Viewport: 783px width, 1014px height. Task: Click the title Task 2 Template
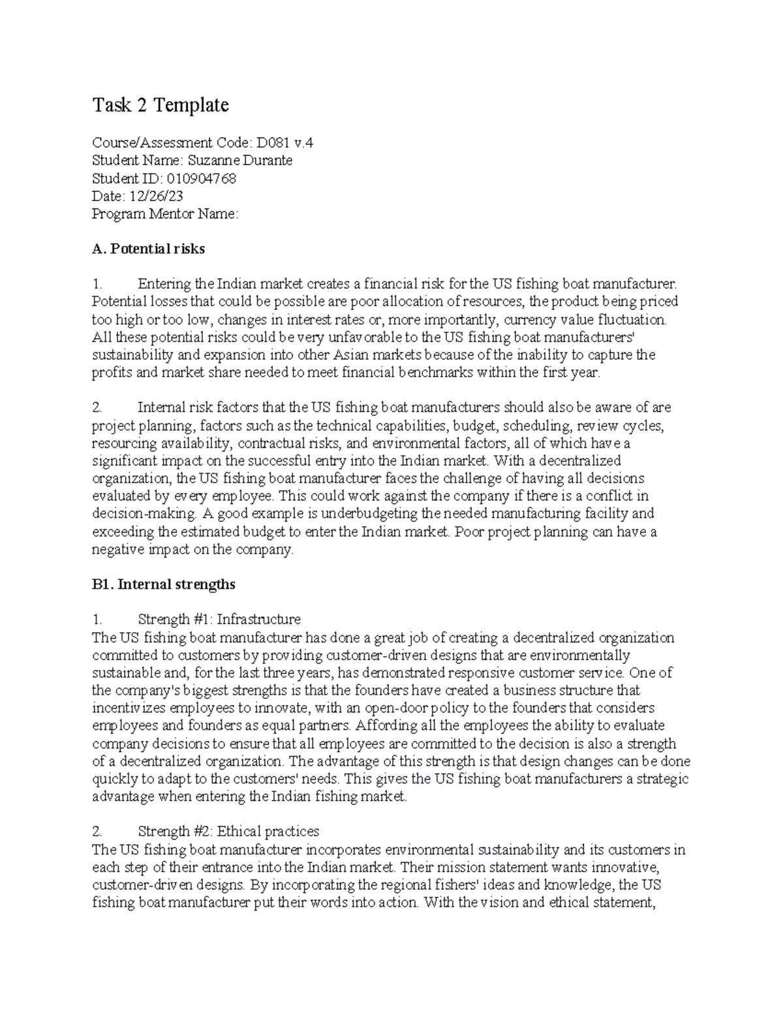coord(161,105)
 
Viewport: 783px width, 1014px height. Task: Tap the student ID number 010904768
coord(202,178)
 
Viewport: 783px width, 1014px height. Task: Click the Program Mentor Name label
coord(165,214)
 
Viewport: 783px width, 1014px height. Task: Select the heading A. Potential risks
coord(149,249)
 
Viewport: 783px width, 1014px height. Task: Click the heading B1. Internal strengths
coord(163,584)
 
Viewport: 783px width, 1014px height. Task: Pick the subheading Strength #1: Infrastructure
coord(219,619)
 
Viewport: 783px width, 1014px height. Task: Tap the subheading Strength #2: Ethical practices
coord(228,831)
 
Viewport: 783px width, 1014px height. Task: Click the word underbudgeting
coord(378,514)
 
